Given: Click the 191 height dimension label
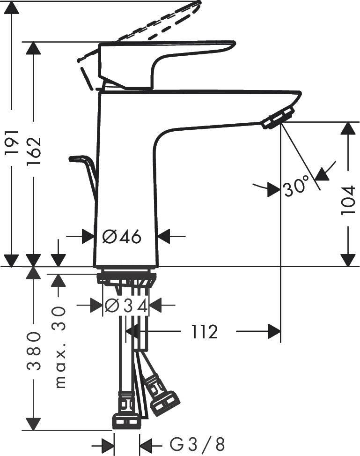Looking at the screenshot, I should point(12,142).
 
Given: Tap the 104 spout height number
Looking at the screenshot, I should point(348,200).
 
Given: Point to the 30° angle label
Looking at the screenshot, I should point(296,187).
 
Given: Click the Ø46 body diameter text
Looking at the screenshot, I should point(122,237).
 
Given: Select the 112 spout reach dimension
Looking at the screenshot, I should point(205,332).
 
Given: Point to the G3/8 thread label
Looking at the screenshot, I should point(197,443).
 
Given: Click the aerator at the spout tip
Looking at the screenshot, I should point(278,117).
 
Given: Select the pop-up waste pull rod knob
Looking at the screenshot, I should point(78,159).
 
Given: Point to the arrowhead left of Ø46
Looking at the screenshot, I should point(88,237).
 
